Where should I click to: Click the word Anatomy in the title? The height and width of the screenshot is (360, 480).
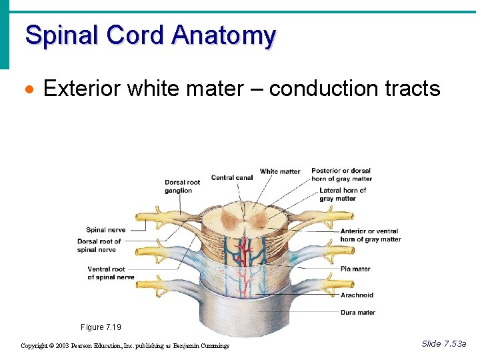[223, 35]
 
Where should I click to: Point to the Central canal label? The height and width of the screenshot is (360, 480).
[231, 177]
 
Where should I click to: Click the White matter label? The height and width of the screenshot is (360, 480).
[280, 171]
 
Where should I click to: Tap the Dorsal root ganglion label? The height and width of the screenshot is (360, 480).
[182, 187]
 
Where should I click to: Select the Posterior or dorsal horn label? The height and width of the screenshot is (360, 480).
[341, 175]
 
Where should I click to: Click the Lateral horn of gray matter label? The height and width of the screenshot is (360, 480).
[343, 194]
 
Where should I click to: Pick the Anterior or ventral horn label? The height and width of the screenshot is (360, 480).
[370, 235]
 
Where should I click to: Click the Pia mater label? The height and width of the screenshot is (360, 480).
[355, 269]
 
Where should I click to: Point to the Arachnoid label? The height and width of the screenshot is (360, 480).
[357, 295]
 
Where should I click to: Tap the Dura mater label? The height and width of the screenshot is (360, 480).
[358, 312]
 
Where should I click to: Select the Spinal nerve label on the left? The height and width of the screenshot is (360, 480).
[105, 230]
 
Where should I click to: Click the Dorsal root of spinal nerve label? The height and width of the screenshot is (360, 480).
[99, 245]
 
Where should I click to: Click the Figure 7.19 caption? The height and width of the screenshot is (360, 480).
[101, 327]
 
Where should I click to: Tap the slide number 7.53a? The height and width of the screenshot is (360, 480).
[444, 343]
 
